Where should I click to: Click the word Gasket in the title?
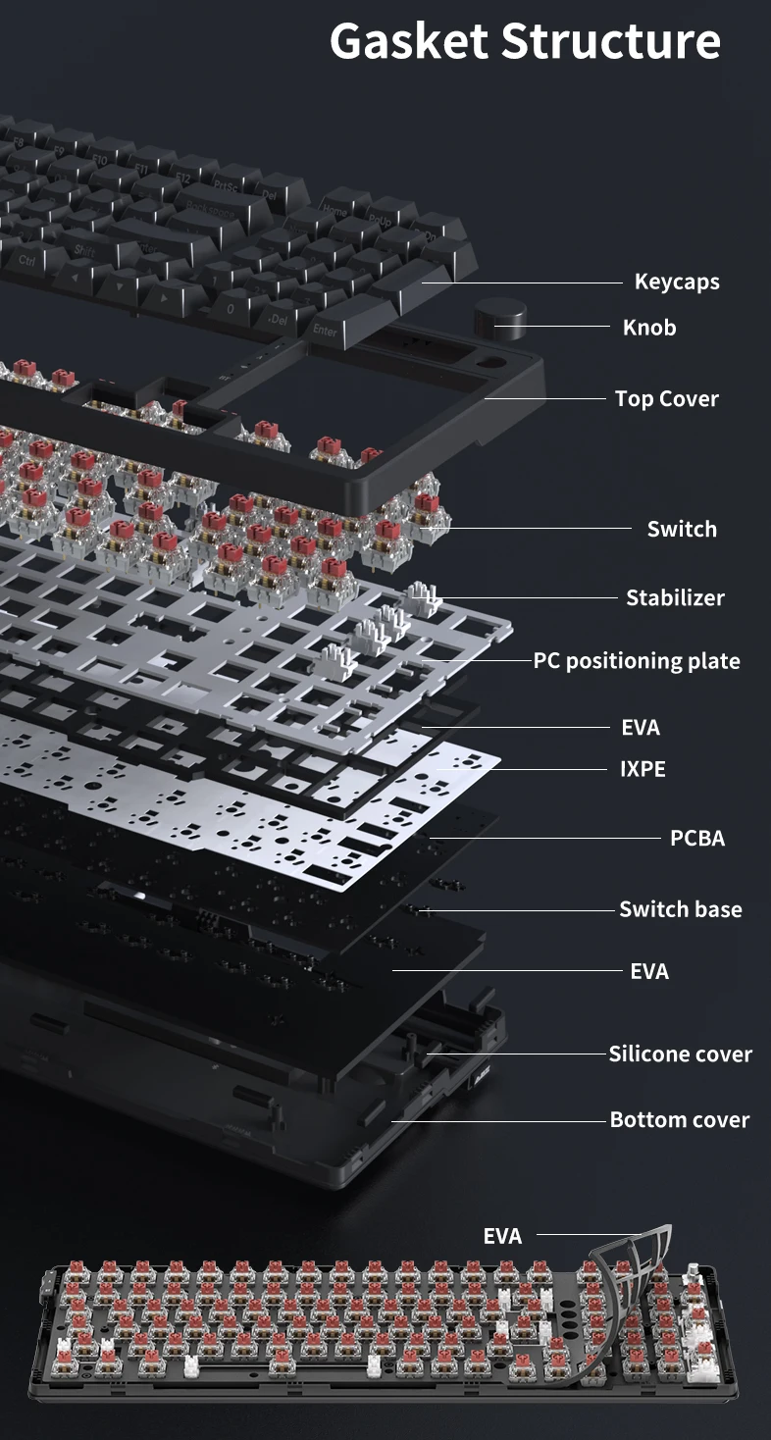coord(409,41)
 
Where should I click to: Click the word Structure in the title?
coord(611,41)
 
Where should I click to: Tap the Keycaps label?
coord(677,283)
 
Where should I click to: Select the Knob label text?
coord(649,328)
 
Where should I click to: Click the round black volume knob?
coord(499,319)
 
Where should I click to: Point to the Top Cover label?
coord(667,398)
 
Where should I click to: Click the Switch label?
coord(682,529)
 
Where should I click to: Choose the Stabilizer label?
coord(675,597)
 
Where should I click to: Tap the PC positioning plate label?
coord(637,661)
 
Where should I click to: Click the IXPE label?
coord(642,769)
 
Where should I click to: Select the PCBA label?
coord(697,839)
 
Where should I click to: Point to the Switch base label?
coord(681,909)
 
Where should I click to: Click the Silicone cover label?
coord(681,1054)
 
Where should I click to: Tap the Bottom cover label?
coord(680,1120)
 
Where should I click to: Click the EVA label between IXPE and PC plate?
coord(641,728)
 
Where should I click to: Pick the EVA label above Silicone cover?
coord(649,971)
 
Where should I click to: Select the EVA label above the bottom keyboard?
coord(502,1236)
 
